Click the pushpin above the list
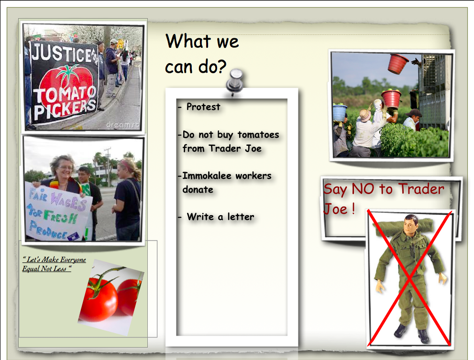click(235, 82)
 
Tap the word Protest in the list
click(203, 107)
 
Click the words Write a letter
click(220, 217)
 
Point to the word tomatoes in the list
click(258, 134)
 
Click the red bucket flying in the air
click(397, 64)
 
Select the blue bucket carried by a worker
click(340, 112)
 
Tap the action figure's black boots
click(412, 333)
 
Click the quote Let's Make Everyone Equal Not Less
click(54, 264)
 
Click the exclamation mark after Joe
click(353, 208)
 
